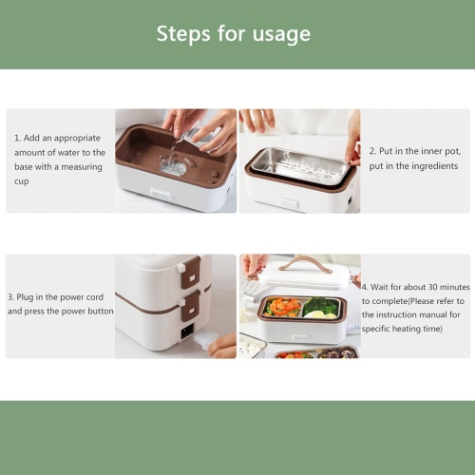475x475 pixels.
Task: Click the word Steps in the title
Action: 183,34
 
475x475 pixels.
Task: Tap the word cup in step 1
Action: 22,181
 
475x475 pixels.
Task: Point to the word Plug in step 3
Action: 25,297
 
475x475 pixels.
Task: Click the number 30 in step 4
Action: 433,287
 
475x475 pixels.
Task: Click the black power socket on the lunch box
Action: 186,332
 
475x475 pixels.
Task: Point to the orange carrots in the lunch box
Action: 283,306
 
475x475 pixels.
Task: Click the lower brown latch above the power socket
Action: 190,307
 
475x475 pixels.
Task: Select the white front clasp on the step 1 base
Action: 161,193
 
